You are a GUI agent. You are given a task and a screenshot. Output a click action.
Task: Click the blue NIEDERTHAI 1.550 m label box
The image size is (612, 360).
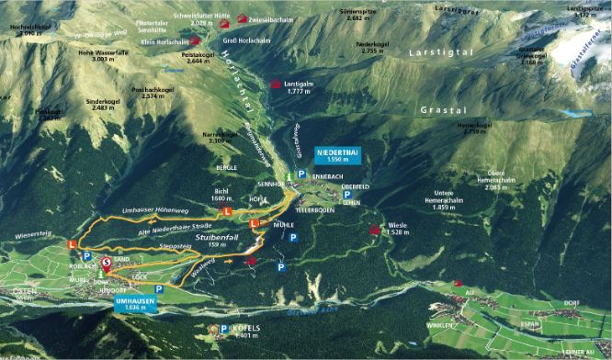tap(336, 152)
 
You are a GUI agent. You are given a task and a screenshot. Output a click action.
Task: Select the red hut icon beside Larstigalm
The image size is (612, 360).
tap(275, 84)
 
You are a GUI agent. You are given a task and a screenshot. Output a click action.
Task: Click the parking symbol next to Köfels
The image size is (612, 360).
tap(214, 327)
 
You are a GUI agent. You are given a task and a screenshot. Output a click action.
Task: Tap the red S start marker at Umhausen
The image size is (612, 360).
tap(107, 263)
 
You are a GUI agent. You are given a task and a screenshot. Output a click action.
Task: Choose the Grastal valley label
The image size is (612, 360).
tap(440, 109)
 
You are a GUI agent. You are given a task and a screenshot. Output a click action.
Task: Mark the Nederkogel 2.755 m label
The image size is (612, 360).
tap(372, 48)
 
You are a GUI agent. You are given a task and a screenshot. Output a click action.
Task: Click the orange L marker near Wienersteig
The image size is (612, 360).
tap(73, 244)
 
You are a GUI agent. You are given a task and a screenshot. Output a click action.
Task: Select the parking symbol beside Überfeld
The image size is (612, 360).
tap(346, 195)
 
